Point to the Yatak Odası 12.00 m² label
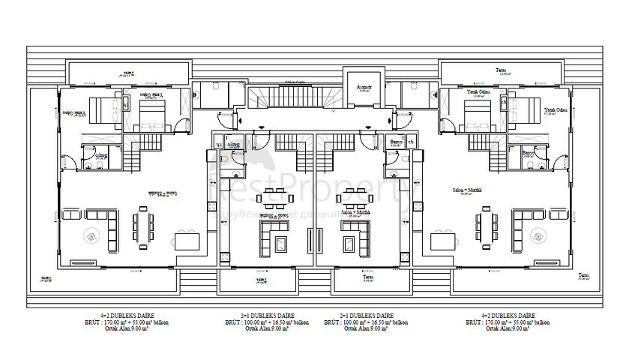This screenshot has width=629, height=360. (x=475, y=92)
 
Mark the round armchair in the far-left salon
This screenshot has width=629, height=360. (x=91, y=235)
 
